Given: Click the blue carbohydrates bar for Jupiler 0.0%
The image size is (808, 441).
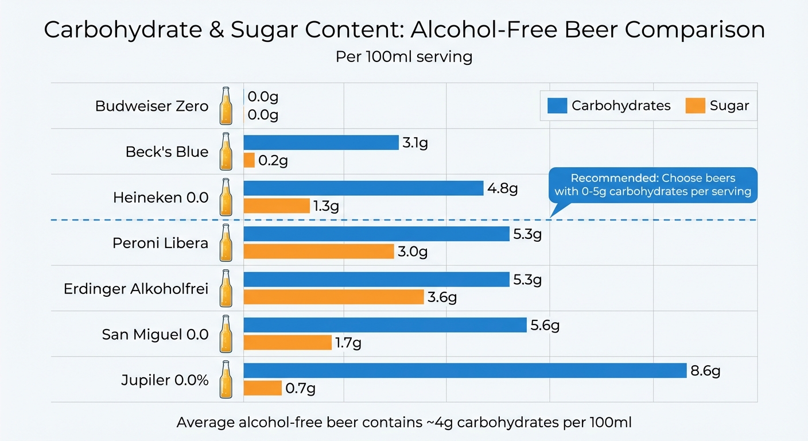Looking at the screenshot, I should [x=465, y=370].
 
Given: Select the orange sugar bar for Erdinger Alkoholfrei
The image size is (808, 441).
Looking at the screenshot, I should [x=333, y=297].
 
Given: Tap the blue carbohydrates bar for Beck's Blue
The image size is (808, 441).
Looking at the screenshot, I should [x=321, y=142].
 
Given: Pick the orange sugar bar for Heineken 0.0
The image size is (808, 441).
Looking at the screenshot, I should [x=277, y=206].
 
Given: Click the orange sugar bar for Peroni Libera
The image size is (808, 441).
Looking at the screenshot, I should [x=318, y=251].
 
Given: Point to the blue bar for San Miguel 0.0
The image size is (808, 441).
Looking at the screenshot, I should [x=385, y=325].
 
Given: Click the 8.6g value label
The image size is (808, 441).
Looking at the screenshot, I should [x=705, y=371].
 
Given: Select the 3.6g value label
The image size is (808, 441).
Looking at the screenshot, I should [x=442, y=297].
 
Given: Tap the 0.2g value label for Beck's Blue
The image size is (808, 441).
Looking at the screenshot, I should [x=273, y=161].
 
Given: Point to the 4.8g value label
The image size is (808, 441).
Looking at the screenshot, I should [x=502, y=188].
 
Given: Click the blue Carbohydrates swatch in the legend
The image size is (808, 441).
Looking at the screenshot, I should [x=557, y=106].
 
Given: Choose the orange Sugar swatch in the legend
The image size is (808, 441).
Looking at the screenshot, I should [x=695, y=106].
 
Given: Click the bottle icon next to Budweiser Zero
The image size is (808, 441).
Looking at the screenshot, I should [x=226, y=106].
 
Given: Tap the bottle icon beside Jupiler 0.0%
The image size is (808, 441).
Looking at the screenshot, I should [x=226, y=380].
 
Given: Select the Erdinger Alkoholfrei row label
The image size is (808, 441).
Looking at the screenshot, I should [x=136, y=288].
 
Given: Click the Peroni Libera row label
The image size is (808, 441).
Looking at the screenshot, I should [x=160, y=243].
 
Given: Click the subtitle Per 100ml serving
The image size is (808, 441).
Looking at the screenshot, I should [x=404, y=57].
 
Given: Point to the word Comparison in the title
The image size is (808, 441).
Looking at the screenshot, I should [x=694, y=30].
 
